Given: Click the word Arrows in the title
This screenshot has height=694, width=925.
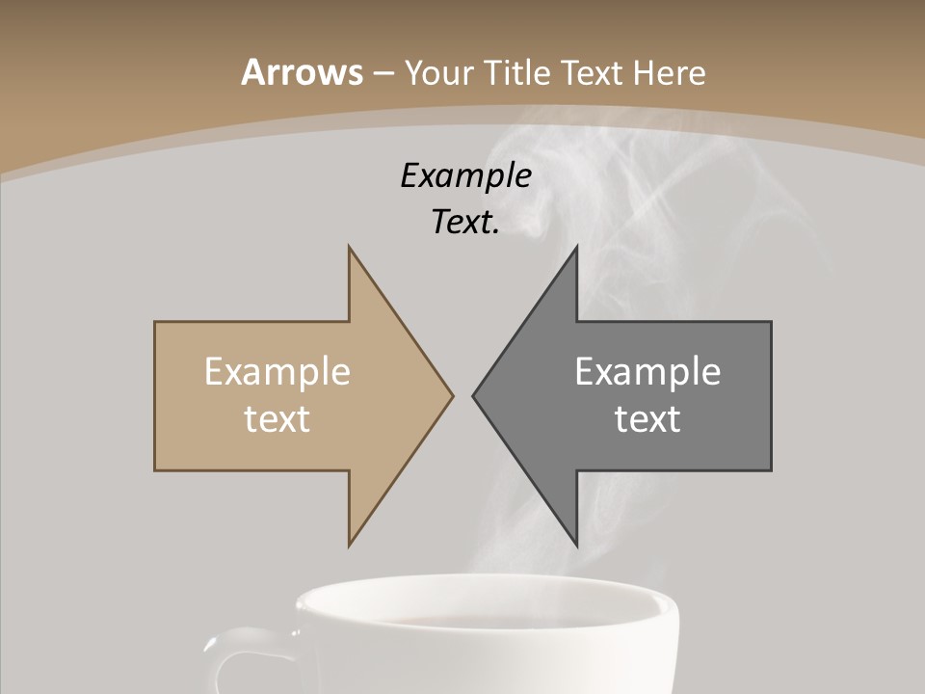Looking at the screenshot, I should pos(302,72).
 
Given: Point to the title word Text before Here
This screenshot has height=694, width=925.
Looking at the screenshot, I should pos(592,73).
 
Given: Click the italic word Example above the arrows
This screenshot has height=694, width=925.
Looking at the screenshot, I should pos(466,176).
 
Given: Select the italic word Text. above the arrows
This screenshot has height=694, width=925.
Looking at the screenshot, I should pos(466,223).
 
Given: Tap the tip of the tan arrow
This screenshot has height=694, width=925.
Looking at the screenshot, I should pos(452,395).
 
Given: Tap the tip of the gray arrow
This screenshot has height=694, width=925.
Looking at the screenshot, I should pos(473,395).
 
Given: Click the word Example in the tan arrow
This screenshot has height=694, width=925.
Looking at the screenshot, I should pos(277,372).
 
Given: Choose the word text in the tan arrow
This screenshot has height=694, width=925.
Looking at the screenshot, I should pos(277,419).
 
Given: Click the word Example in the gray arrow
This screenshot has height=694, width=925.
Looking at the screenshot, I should pos(647,372).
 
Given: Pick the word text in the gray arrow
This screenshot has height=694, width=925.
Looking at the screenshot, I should pos(647,419).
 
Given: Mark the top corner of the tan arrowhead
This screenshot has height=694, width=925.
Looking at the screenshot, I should pos(349,247).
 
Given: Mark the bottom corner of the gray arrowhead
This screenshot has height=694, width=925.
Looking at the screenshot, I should pos(577,546).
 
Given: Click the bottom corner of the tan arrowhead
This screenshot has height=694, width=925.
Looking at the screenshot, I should pos(349,546).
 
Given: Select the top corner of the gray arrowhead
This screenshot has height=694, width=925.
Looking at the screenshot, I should pos(577,247).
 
